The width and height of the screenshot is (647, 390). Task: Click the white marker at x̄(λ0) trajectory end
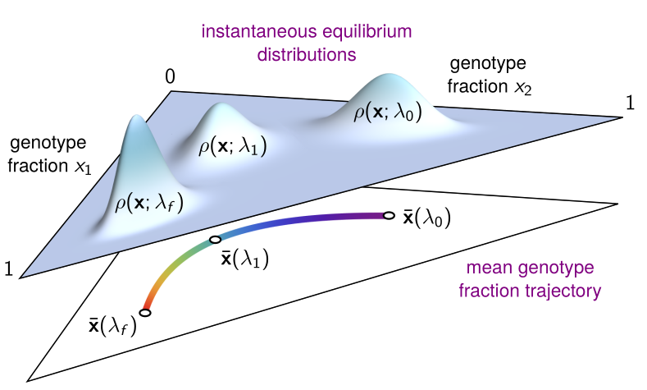(x=389, y=216)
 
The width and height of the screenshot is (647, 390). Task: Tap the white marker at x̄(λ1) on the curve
(x=215, y=240)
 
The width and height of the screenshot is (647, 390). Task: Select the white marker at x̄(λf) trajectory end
(x=145, y=312)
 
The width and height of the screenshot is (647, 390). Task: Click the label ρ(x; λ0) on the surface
(x=388, y=112)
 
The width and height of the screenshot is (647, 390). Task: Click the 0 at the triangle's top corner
(x=170, y=77)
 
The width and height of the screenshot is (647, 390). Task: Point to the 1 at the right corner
(x=630, y=103)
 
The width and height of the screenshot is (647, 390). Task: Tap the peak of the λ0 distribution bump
(x=386, y=77)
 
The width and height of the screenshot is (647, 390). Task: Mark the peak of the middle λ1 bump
(x=218, y=108)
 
